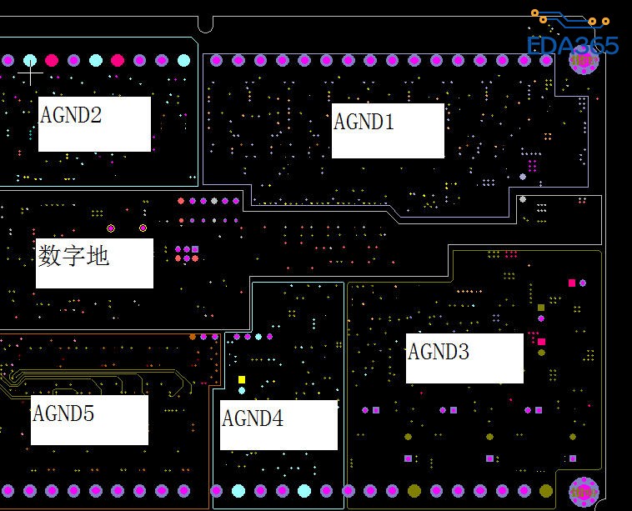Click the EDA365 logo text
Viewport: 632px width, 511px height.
tap(573, 45)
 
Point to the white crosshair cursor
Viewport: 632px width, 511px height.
tap(30, 73)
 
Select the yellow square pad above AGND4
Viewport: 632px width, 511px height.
tap(242, 379)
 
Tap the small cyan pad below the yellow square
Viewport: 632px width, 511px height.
tap(242, 390)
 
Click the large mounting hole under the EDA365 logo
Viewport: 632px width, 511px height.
tap(583, 61)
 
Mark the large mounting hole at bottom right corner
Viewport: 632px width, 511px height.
tap(584, 491)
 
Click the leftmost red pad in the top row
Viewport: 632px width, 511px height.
tap(52, 60)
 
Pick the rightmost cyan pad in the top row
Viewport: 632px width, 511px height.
tap(183, 60)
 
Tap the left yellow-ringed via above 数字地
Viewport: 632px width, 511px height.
tap(111, 228)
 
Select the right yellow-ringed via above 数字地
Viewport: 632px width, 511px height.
tap(143, 228)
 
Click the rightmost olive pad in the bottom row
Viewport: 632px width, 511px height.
tap(546, 491)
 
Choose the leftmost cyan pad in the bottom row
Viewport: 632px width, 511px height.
tap(238, 491)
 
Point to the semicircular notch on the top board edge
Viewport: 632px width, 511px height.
tap(206, 24)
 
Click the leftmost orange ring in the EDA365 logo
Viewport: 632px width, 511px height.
tap(535, 13)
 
